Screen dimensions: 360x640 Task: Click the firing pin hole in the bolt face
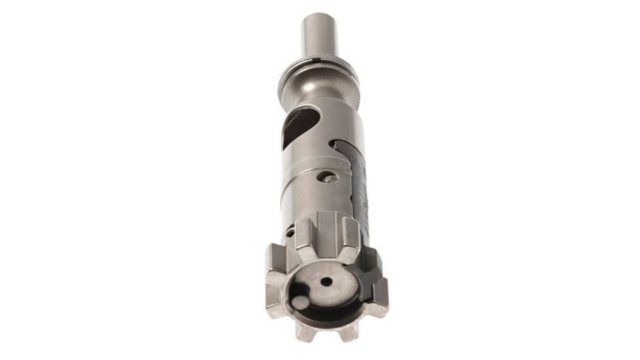(325, 281)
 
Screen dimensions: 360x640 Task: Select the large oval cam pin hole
(293, 130)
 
